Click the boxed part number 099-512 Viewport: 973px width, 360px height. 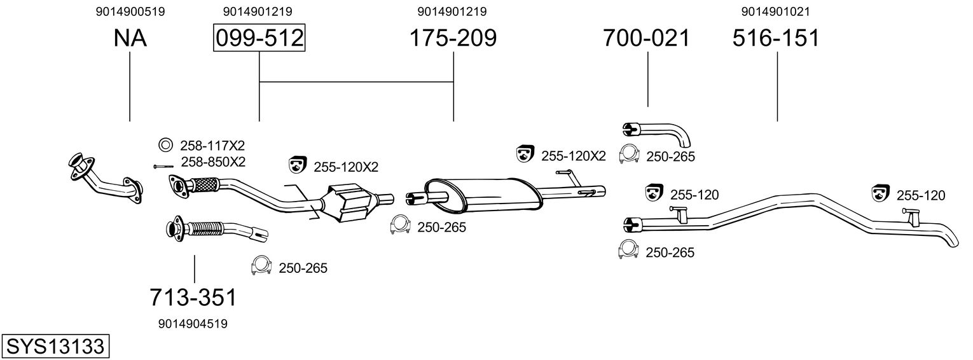pos(259,38)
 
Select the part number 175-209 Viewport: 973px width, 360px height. pos(452,38)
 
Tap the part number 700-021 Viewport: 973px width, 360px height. pos(647,38)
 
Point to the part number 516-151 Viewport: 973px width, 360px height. pos(776,38)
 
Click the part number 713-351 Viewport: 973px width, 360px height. pos(193,297)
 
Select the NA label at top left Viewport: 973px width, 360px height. pos(130,38)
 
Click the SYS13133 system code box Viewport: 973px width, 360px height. pos(55,347)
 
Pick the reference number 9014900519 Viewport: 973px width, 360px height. pos(130,11)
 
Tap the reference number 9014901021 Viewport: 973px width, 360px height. pos(776,11)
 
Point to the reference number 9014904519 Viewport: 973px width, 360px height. pos(193,324)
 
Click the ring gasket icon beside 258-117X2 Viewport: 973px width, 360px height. pos(165,144)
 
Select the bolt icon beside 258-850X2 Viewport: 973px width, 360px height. pos(163,166)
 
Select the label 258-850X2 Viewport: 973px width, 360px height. pos(213,162)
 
